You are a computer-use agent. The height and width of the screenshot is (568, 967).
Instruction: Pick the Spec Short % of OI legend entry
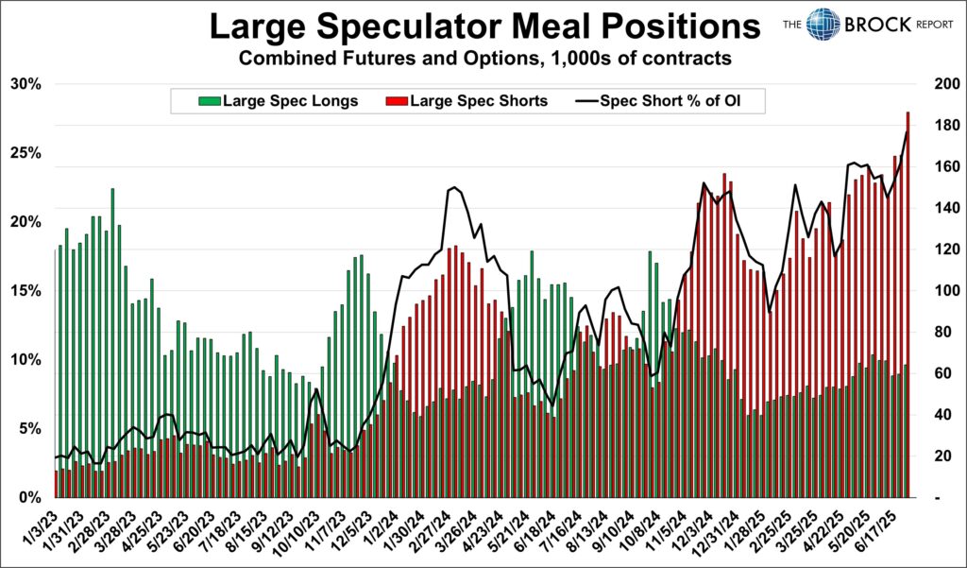[658, 100]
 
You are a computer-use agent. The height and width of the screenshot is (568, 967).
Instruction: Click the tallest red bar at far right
[908, 302]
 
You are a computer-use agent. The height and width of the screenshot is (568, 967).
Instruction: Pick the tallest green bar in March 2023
[112, 340]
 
